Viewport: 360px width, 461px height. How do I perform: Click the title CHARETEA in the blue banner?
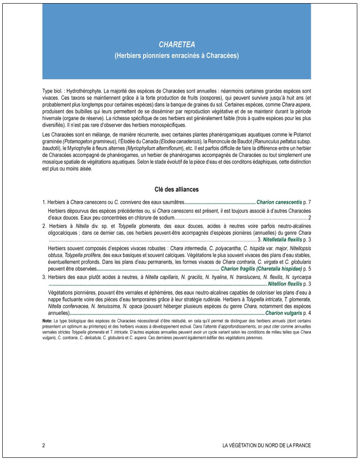pos(177,45)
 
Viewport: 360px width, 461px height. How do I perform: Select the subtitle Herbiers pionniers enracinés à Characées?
pos(177,56)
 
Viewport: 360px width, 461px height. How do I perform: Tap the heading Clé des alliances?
pos(176,189)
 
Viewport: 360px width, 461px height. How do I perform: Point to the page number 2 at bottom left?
pos(44,445)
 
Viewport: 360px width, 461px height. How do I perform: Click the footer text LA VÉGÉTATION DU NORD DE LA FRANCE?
pos(266,445)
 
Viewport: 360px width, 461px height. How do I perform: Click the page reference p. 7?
pos(306,202)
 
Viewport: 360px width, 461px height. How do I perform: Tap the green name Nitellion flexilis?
pos(285,284)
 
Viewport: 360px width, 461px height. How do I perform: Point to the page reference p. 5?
pos(307,269)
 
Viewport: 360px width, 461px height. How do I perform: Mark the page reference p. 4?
pos(307,313)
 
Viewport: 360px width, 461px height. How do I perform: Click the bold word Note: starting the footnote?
pos(47,320)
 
